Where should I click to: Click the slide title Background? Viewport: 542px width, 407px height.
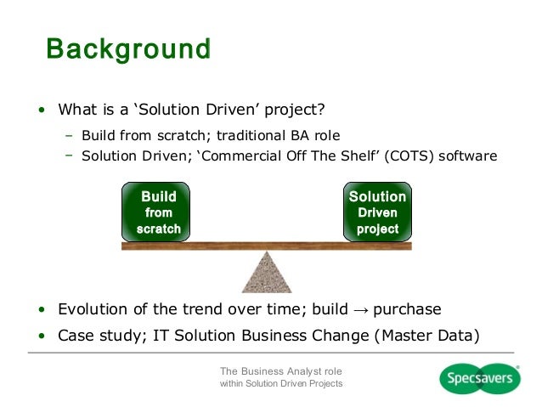point(127,48)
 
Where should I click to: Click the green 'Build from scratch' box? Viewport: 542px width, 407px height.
point(157,212)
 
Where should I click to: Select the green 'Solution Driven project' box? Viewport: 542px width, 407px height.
point(377,212)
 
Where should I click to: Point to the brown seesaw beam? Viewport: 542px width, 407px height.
point(266,246)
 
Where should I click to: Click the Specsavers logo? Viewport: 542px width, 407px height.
point(480,378)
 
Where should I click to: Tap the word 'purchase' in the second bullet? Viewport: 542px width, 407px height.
point(404,309)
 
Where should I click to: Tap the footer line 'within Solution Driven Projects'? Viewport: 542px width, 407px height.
point(281,386)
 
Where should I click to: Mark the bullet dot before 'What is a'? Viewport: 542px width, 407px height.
point(40,110)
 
